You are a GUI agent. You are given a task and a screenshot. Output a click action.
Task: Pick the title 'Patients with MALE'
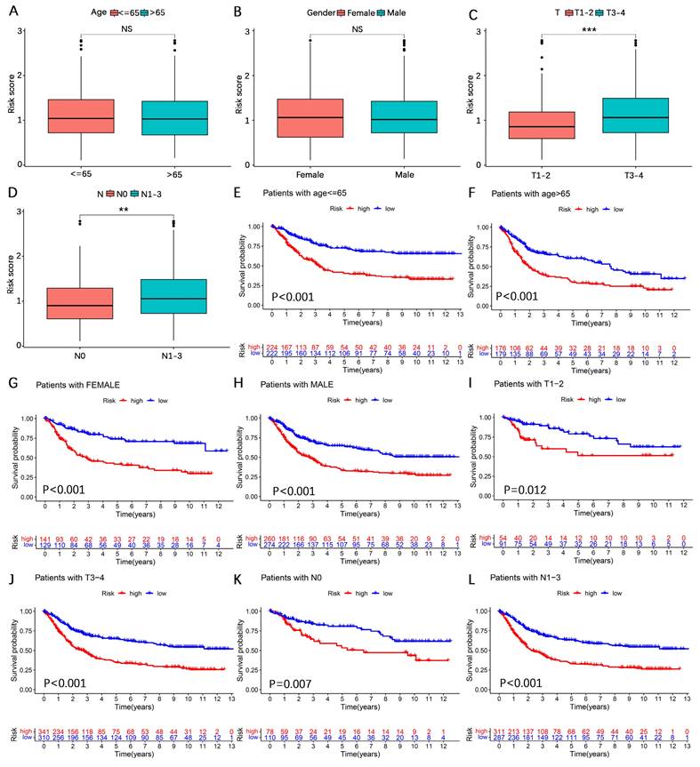point(318,387)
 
